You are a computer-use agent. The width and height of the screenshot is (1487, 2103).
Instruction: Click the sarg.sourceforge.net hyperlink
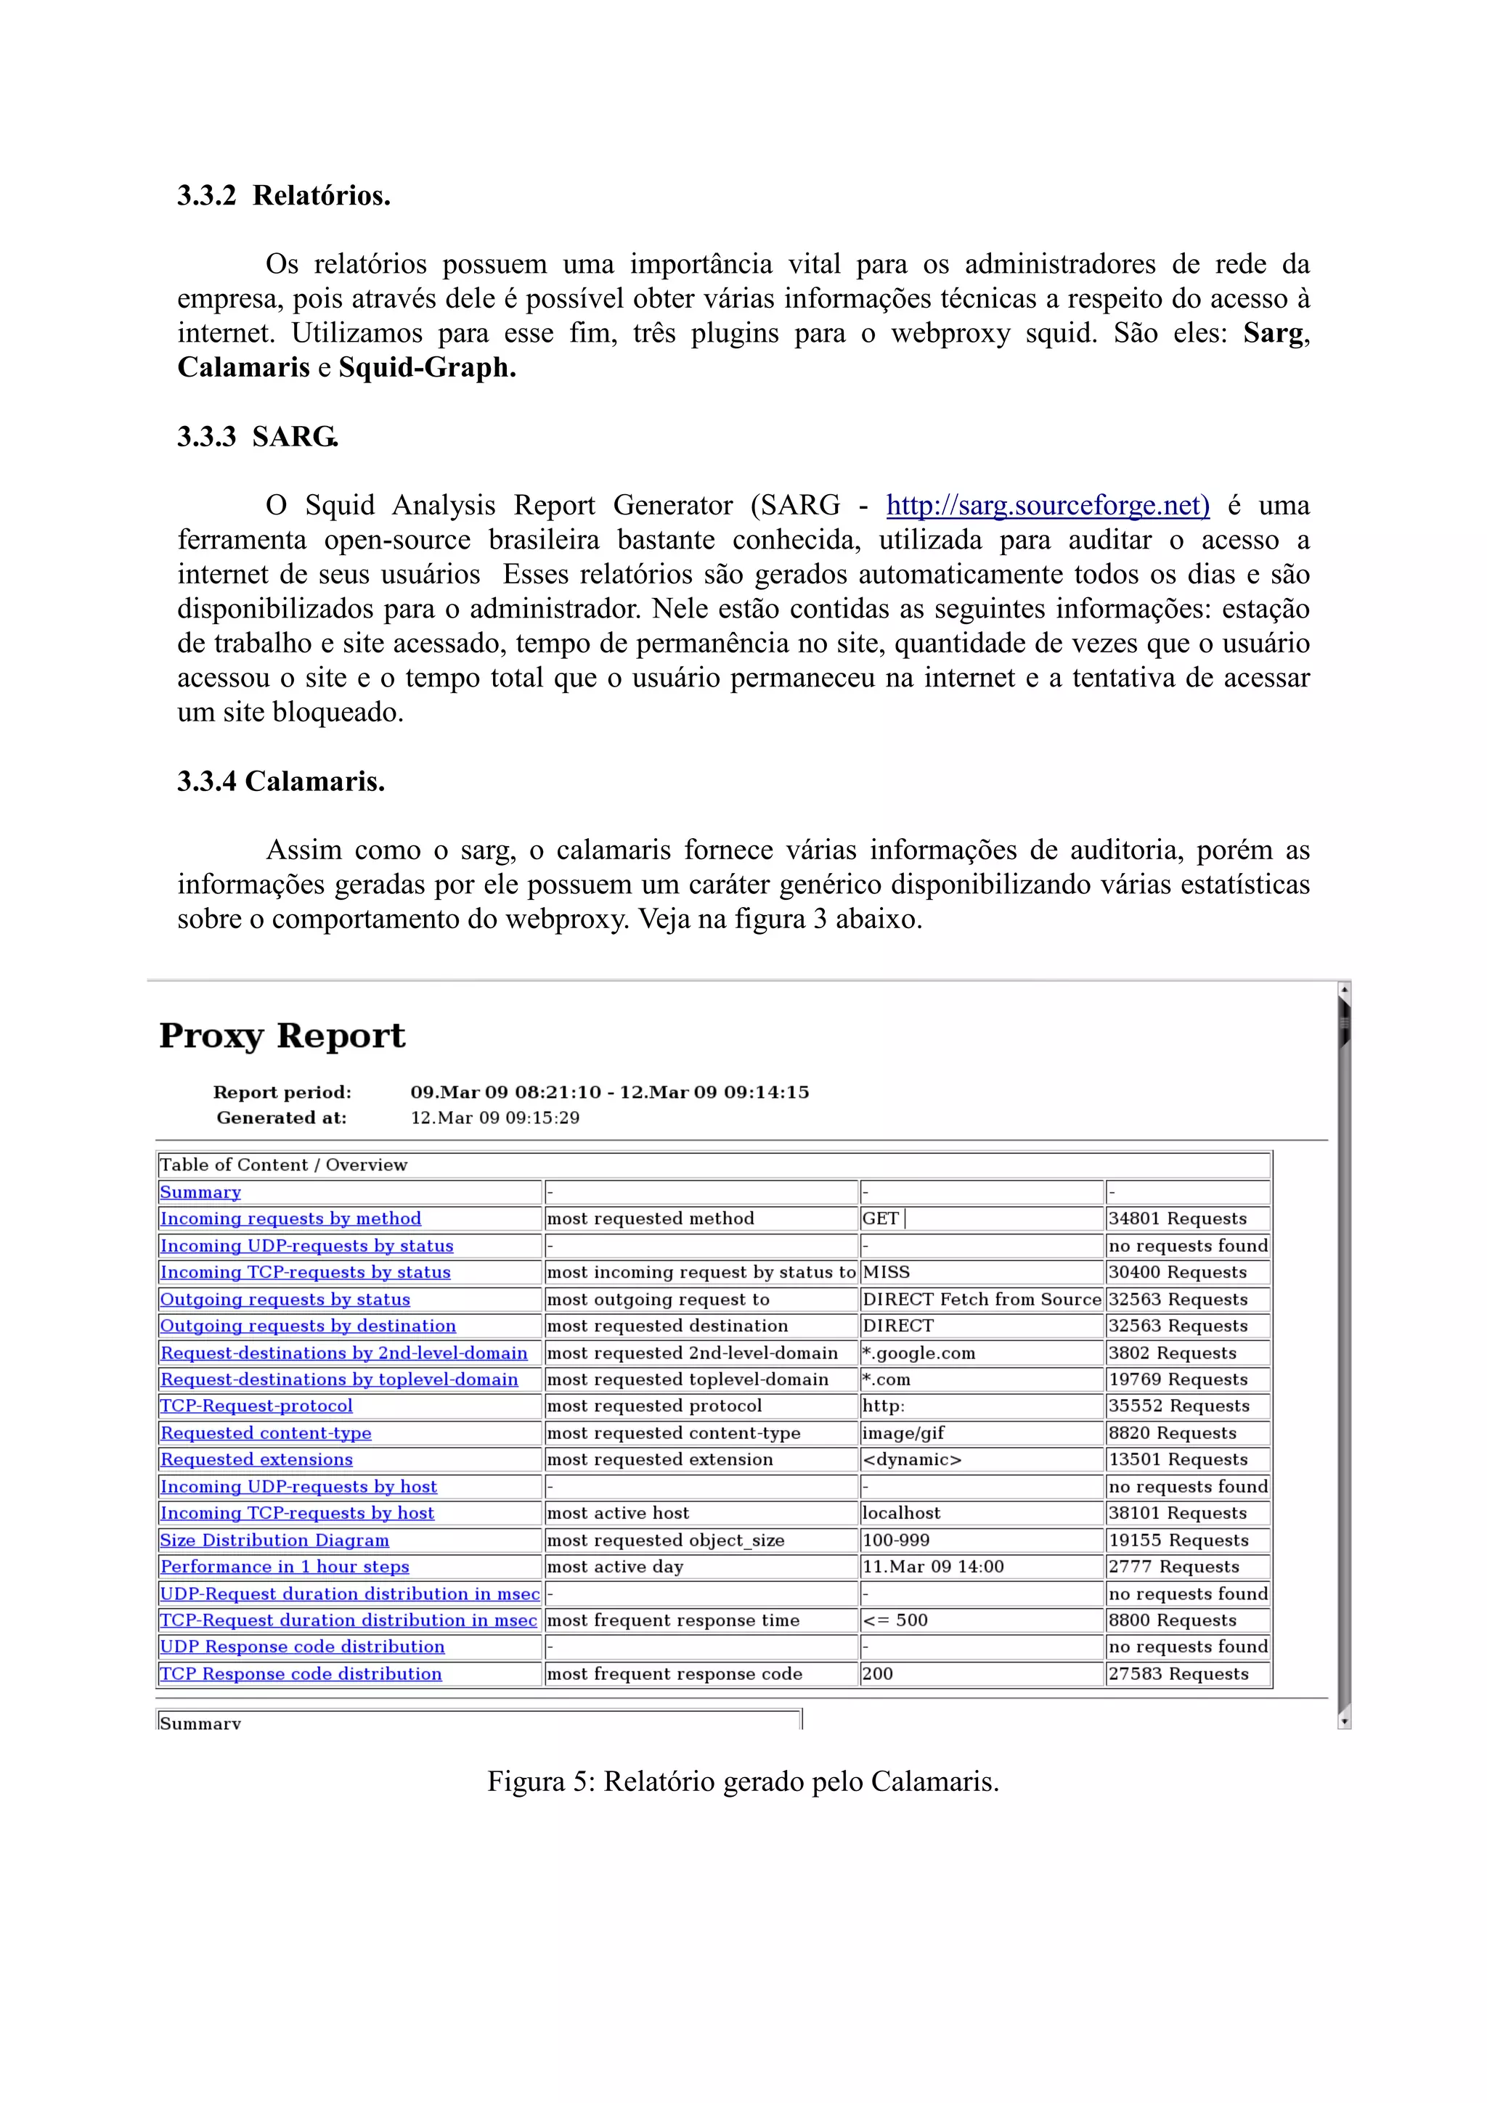click(x=1047, y=506)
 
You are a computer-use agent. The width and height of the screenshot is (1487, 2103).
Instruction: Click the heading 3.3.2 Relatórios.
click(x=284, y=195)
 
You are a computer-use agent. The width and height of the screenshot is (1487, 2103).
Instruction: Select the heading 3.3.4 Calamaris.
click(x=281, y=782)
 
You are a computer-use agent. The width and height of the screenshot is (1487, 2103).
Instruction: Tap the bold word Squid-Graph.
click(x=427, y=367)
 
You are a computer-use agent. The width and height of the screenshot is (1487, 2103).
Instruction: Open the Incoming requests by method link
click(x=290, y=1218)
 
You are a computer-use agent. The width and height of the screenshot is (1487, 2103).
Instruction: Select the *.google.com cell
click(x=919, y=1353)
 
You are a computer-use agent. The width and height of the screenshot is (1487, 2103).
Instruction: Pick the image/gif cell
click(x=903, y=1432)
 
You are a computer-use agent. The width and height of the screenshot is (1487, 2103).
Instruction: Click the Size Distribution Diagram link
click(x=274, y=1540)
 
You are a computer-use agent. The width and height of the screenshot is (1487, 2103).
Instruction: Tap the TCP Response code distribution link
click(x=301, y=1673)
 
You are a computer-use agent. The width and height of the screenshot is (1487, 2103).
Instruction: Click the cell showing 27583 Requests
click(x=1178, y=1673)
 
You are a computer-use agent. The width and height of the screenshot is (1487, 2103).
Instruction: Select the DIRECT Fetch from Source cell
click(x=981, y=1299)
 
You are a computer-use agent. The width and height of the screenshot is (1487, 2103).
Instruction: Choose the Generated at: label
click(x=281, y=1118)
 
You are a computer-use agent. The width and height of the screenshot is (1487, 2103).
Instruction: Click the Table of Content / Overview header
click(x=283, y=1165)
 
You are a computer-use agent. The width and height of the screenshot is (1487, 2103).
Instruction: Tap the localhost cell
click(x=902, y=1513)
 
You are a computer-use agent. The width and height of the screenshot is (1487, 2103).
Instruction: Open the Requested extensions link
click(x=256, y=1459)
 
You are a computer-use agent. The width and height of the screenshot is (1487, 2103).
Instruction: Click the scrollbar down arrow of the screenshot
click(x=1344, y=1722)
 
